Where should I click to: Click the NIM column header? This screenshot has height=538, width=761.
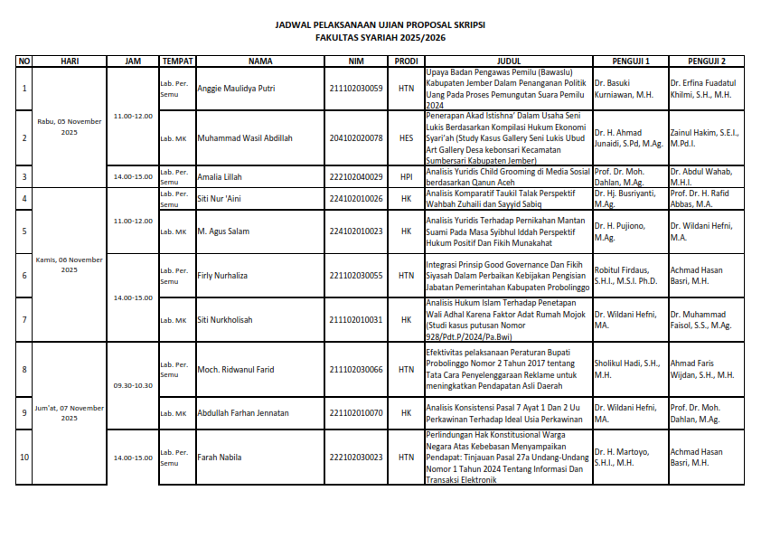pos(356,61)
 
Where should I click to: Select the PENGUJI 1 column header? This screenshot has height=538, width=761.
pos(630,61)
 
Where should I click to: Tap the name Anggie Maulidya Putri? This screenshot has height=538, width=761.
pos(236,89)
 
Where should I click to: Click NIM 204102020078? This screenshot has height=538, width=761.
pos(356,138)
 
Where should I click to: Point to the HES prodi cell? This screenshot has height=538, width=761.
pos(406,138)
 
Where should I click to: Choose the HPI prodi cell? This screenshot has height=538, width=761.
pos(406,177)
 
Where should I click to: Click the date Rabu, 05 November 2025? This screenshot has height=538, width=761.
pos(70,127)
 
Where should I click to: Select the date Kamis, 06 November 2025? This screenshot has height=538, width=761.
pos(70,264)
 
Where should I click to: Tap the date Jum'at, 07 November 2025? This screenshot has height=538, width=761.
pos(70,413)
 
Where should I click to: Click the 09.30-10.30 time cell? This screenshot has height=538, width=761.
pos(133,385)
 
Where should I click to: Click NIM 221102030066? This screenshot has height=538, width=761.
pos(356,370)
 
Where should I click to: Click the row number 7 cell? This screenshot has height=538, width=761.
pos(24,320)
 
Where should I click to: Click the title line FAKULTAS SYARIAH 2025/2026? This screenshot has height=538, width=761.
pos(380,39)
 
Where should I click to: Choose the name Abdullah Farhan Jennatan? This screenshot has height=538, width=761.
pos(243,413)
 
